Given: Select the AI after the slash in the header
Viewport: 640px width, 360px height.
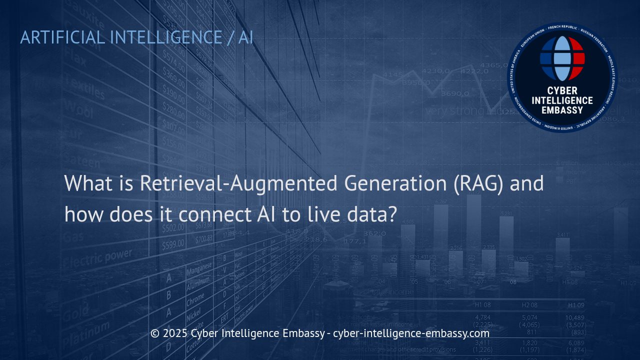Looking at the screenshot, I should coord(245,37).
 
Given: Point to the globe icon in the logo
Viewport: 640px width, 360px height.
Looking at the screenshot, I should coord(562,58).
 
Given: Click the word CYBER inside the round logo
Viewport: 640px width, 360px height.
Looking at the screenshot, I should coord(562,91).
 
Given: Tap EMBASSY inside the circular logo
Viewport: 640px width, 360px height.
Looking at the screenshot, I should coord(562,109).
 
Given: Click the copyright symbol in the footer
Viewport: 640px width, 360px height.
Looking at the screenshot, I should coord(154,333).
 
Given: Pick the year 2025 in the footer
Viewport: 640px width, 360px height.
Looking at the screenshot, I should coord(175,333).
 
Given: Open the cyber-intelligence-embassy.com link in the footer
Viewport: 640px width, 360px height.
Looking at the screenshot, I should coord(411,333).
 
